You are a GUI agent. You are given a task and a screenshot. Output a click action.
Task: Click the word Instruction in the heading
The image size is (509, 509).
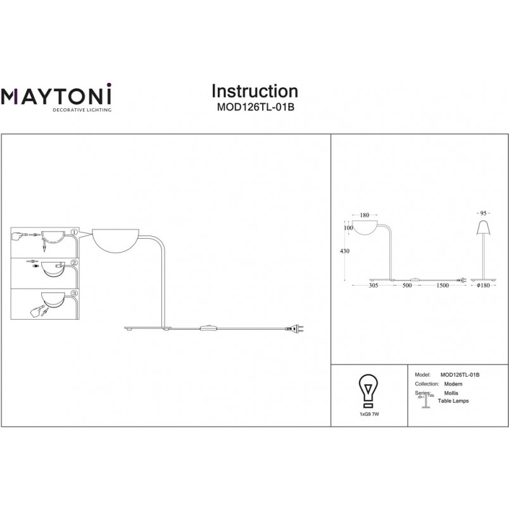pos(255,91)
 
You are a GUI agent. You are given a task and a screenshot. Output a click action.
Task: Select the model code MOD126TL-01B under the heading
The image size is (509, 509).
pos(256,107)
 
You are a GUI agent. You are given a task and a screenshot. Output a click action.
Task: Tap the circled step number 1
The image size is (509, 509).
pos(74,232)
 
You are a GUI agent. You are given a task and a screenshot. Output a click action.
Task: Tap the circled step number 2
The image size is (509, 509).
pos(74,263)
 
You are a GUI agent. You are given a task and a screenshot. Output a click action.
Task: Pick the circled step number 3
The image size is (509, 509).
pos(74,293)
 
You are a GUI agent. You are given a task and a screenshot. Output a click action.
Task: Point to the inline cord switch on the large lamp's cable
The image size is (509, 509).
pos(208,328)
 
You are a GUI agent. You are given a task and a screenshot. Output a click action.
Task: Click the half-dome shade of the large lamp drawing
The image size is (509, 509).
pos(116,241)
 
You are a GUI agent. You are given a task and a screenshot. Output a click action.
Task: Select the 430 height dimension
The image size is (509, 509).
pos(344,251)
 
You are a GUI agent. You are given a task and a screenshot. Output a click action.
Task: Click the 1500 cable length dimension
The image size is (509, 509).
pos(443,286)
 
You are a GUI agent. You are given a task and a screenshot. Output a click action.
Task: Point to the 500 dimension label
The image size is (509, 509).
pos(406,286)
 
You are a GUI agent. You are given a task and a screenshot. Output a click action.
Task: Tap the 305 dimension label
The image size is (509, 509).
pos(374,286)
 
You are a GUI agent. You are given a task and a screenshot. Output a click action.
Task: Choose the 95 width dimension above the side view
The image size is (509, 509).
pos(483,213)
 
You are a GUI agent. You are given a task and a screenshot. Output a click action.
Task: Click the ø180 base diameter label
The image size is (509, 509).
pos(483,286)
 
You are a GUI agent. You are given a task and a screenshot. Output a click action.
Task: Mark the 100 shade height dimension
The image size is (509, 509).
pos(348,228)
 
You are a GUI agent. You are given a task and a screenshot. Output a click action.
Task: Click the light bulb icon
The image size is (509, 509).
pos(368,391)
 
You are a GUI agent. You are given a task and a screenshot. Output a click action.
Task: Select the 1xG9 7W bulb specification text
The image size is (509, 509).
pos(369,414)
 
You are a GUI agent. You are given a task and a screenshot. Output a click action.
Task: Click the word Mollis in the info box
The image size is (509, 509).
pos(451,393)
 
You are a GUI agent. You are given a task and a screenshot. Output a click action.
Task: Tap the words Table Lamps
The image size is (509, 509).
pos(453,401)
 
